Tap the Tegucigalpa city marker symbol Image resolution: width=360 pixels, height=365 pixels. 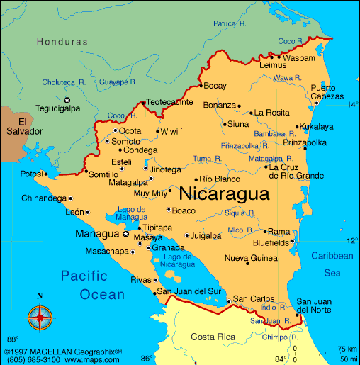[68, 100]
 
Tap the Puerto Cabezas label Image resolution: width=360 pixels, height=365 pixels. [327, 91]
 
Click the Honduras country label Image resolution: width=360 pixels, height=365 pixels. [62, 42]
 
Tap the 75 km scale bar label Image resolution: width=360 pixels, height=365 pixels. [347, 349]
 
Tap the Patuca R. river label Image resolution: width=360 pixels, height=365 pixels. [230, 23]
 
